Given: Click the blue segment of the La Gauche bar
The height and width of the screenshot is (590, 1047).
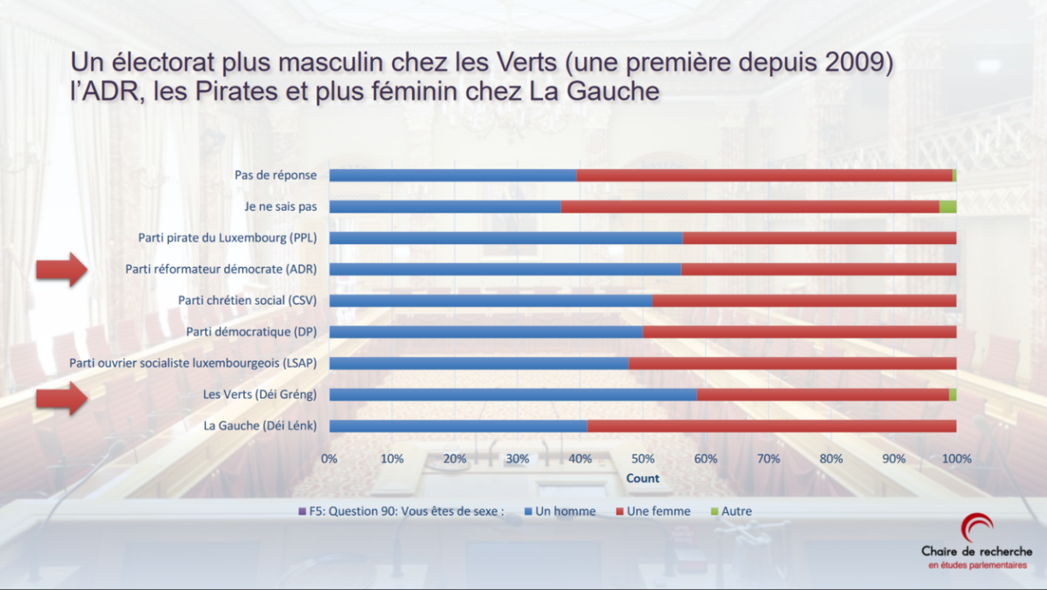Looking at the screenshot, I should (458, 426).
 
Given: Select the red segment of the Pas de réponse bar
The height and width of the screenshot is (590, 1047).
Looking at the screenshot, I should (764, 175).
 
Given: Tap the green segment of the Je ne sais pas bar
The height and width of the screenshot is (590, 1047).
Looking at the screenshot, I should (947, 206).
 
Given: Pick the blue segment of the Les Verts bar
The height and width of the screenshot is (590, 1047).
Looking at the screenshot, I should (512, 395).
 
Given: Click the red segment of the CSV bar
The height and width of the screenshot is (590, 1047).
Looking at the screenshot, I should (804, 301).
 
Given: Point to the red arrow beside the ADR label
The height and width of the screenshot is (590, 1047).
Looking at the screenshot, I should (62, 270).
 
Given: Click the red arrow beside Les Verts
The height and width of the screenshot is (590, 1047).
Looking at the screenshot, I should (62, 396).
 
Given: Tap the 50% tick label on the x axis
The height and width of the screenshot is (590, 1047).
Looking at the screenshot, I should (642, 459).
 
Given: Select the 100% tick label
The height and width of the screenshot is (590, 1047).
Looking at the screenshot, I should (956, 459).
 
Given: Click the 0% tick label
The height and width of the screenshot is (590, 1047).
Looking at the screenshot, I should (329, 459).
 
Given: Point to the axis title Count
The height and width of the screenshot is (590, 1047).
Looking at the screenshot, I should (642, 478).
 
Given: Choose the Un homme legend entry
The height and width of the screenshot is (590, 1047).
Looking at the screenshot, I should (560, 511).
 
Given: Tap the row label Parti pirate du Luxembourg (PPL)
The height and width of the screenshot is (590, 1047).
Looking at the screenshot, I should (228, 237).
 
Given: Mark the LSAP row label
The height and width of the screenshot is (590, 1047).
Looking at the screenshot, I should (193, 363).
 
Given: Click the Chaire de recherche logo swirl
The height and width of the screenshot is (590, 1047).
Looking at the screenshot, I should (976, 527).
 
